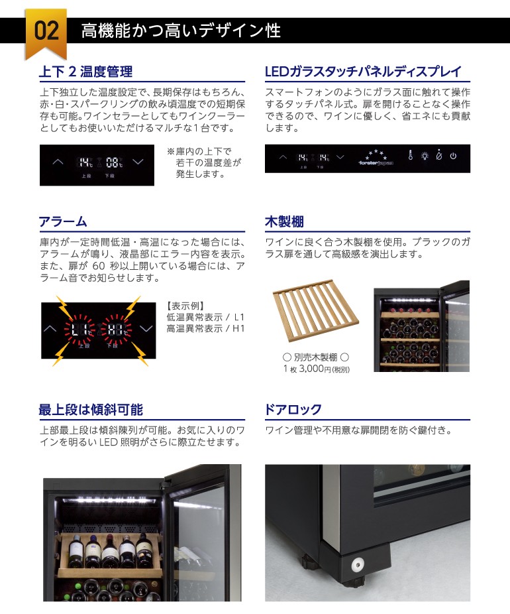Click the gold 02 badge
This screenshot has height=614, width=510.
(x=46, y=31)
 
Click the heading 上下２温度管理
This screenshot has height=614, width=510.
(x=86, y=72)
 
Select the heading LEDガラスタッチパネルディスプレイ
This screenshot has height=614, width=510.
(x=362, y=72)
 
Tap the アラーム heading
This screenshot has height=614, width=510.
(x=63, y=221)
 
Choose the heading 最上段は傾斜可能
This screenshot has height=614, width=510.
(x=91, y=409)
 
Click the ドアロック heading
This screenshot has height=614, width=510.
(x=293, y=409)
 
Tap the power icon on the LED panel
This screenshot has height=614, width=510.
(x=453, y=157)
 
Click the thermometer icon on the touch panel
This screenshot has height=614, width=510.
(x=411, y=157)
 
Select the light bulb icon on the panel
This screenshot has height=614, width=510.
(x=425, y=157)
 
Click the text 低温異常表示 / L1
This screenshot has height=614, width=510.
(x=205, y=318)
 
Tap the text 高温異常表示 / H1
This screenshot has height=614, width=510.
(x=205, y=328)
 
